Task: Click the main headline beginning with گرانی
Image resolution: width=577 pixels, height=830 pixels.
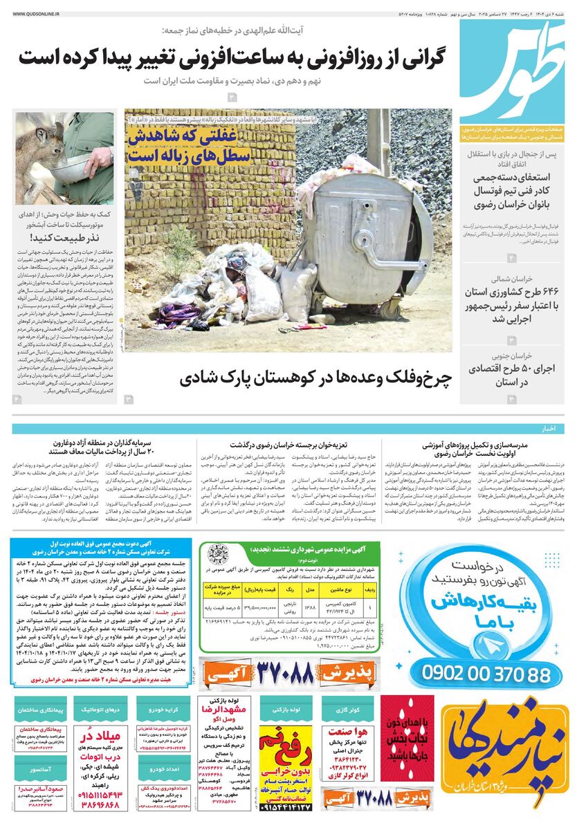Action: [x=232, y=56]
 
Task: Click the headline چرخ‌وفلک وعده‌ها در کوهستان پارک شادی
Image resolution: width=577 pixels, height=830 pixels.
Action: [x=315, y=378]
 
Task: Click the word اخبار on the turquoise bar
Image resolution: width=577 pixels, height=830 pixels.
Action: [x=549, y=429]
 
